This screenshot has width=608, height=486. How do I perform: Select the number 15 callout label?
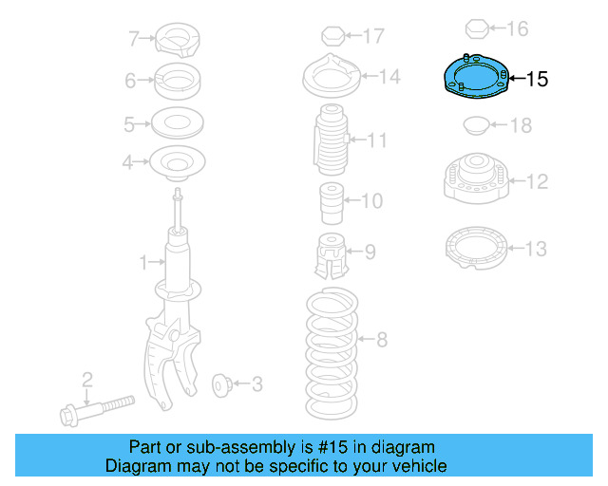click(x=537, y=80)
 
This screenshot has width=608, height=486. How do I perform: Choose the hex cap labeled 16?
click(x=478, y=28)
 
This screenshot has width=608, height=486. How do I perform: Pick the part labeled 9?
click(x=329, y=254)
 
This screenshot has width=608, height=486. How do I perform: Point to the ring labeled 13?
click(x=475, y=248)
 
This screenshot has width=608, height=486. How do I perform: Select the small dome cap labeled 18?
click(x=474, y=124)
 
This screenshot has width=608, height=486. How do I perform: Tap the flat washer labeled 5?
click(x=177, y=123)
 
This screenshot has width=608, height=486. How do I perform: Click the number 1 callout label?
click(x=144, y=261)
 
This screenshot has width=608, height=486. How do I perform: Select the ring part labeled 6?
click(x=177, y=81)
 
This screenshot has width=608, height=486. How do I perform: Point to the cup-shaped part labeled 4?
click(x=177, y=163)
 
